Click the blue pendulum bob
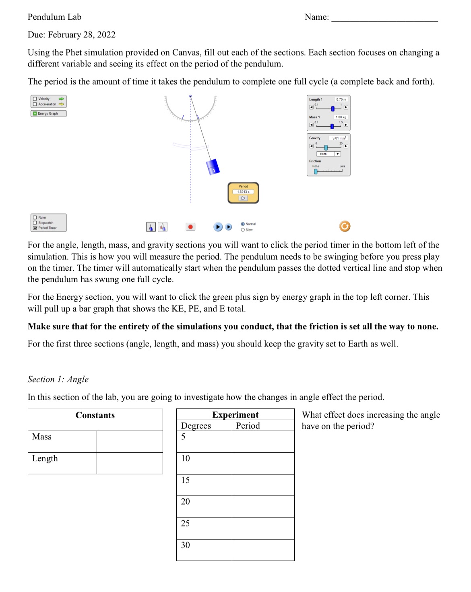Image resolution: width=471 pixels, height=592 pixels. (x=212, y=167)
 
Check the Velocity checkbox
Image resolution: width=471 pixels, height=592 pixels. (x=35, y=99)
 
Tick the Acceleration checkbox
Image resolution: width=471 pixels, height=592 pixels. (x=35, y=104)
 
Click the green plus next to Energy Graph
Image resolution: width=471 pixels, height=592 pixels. (x=35, y=113)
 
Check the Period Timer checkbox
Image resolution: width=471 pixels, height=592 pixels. (x=35, y=228)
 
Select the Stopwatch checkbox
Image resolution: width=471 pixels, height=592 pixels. (x=35, y=223)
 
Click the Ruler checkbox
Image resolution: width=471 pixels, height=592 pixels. (x=35, y=217)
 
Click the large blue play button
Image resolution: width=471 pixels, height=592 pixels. (x=217, y=227)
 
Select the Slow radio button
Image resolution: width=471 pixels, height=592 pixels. (x=243, y=230)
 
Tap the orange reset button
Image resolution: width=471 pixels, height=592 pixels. (x=345, y=226)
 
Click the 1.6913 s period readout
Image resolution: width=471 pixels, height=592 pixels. (x=243, y=192)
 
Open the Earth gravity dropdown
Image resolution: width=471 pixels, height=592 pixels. (x=337, y=154)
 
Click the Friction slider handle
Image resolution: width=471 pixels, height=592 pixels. (x=316, y=171)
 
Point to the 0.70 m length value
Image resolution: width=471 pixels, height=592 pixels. (x=341, y=99)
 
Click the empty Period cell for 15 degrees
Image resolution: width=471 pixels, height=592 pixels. (x=263, y=485)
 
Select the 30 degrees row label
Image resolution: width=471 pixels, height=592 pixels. (x=186, y=545)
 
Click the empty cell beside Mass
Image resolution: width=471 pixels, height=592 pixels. (x=129, y=441)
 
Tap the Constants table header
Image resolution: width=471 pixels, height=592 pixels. (x=95, y=415)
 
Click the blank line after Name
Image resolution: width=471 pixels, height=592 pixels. (x=384, y=18)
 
